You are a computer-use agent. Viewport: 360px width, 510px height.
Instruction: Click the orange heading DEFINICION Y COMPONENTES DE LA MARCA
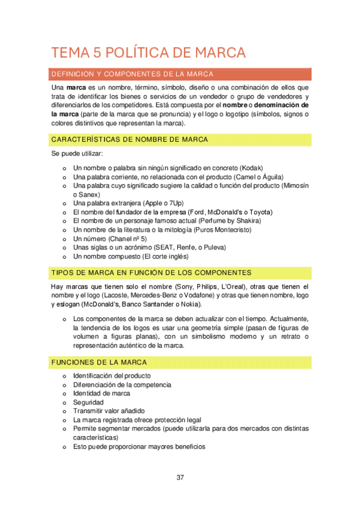point(133,74)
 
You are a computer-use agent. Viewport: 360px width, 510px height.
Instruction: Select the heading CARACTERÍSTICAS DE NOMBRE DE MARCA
point(130,140)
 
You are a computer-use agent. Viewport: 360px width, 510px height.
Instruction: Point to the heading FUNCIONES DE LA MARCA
point(99,363)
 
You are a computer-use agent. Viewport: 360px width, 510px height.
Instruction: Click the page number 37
point(180,478)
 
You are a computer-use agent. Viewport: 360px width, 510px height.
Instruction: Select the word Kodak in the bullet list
point(252,168)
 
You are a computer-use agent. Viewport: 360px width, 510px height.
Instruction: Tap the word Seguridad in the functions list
point(88,402)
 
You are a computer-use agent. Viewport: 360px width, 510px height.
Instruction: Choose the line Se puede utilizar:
point(77,154)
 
